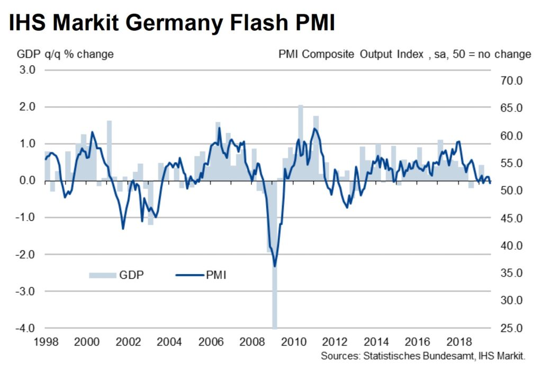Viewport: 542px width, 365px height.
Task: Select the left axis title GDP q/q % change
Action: coord(65,54)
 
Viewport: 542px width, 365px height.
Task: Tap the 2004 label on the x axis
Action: coord(169,342)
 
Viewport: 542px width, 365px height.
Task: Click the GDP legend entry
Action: coord(116,275)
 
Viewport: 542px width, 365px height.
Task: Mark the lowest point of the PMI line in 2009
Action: coord(275,266)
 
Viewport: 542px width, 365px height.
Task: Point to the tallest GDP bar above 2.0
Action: coord(300,143)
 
